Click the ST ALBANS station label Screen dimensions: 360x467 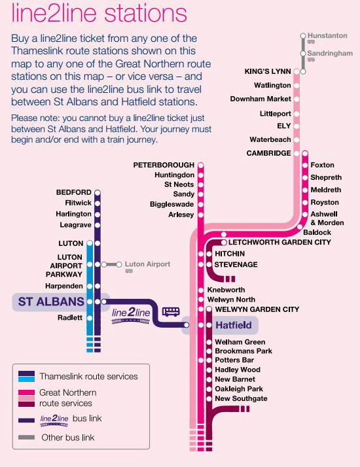(51, 302)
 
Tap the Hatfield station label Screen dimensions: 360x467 (234, 325)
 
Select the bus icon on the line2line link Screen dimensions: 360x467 (171, 311)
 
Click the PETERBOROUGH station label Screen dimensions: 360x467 (164, 165)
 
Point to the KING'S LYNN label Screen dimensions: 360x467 (268, 71)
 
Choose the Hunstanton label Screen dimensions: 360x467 (327, 36)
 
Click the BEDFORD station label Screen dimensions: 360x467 (73, 192)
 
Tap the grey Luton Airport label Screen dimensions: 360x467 (147, 264)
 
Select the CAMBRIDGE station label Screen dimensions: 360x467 (268, 153)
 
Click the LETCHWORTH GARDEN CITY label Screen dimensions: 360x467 (279, 242)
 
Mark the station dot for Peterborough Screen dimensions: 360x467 (201, 165)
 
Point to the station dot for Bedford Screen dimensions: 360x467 (98, 192)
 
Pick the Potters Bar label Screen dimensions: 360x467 (234, 360)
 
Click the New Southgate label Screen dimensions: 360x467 (241, 398)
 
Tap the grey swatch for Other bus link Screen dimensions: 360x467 (27, 437)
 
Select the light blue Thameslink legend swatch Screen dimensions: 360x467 (27, 379)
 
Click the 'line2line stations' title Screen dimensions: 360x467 (99, 13)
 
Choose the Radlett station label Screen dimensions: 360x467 (70, 318)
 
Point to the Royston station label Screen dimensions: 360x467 (325, 203)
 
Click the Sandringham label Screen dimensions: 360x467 (330, 54)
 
